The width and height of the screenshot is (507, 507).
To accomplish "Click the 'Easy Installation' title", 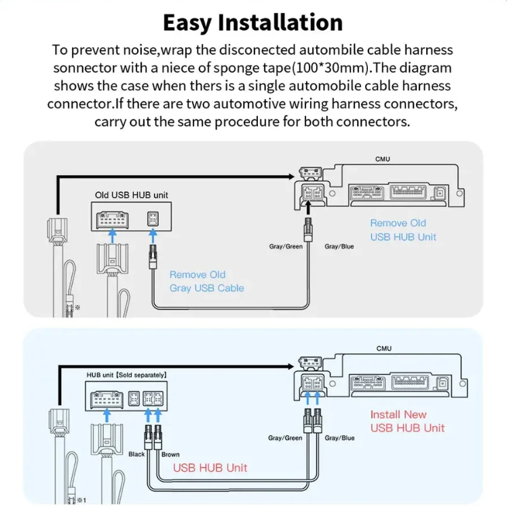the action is tap(253, 22).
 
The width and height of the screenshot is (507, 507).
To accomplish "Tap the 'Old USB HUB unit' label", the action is tap(131, 195).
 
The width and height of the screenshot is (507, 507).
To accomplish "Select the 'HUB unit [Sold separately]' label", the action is tap(126, 375).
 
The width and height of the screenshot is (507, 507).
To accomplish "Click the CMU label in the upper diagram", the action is tap(383, 159).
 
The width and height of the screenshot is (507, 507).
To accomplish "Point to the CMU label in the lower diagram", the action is tap(383, 349).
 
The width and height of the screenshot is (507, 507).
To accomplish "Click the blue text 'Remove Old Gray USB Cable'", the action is tap(206, 281).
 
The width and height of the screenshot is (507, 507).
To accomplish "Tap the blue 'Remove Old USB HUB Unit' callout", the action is tap(403, 230).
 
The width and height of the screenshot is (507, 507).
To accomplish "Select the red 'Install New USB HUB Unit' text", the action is tap(407, 421).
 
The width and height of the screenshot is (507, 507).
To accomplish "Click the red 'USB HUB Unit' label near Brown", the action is tap(210, 468).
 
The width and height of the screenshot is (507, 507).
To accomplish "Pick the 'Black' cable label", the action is tap(136, 454).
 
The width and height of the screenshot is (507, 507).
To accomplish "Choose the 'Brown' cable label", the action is tap(170, 455).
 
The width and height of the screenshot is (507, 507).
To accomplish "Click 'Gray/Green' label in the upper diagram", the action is tap(286, 246).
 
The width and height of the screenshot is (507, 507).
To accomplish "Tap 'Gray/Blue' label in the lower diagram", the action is tap(339, 438).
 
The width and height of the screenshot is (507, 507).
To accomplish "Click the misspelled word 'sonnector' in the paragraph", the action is tap(85, 69).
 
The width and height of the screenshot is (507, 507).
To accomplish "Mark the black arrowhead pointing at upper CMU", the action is tap(291, 176).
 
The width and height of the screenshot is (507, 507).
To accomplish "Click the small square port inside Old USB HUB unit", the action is tap(153, 219).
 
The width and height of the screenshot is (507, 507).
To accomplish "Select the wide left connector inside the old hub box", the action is tap(112, 219).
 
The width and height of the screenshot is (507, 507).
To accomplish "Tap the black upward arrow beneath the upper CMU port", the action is tap(308, 208).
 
